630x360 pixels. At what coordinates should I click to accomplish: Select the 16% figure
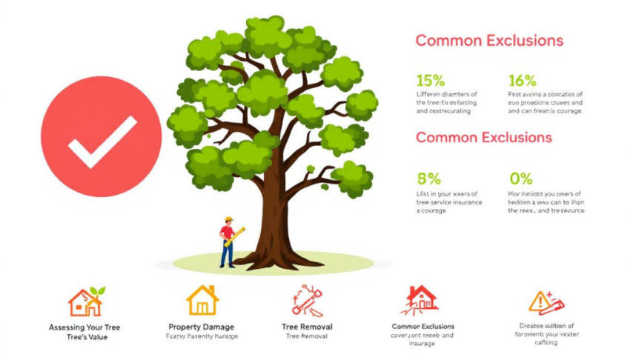pos(522,80)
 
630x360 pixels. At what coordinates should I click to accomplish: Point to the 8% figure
pos(428,179)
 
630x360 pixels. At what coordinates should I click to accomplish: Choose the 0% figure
pos(521,179)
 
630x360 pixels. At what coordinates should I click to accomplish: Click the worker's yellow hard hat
pos(229,220)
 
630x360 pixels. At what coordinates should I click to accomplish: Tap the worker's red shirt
pos(228,234)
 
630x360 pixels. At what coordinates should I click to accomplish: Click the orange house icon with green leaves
pos(85,301)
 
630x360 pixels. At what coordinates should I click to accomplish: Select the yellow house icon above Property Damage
pos(202,300)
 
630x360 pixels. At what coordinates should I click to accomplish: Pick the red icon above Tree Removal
pos(307,300)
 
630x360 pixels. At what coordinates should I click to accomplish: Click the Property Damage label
pos(202,327)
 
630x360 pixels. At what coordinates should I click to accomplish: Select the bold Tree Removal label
pos(307,327)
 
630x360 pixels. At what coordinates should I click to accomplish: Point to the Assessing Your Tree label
pos(84,327)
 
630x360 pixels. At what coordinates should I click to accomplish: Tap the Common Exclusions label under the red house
pos(422,326)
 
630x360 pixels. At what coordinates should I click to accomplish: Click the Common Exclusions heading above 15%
pos(489,41)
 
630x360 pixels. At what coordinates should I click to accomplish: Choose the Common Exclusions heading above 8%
pos(483,138)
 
